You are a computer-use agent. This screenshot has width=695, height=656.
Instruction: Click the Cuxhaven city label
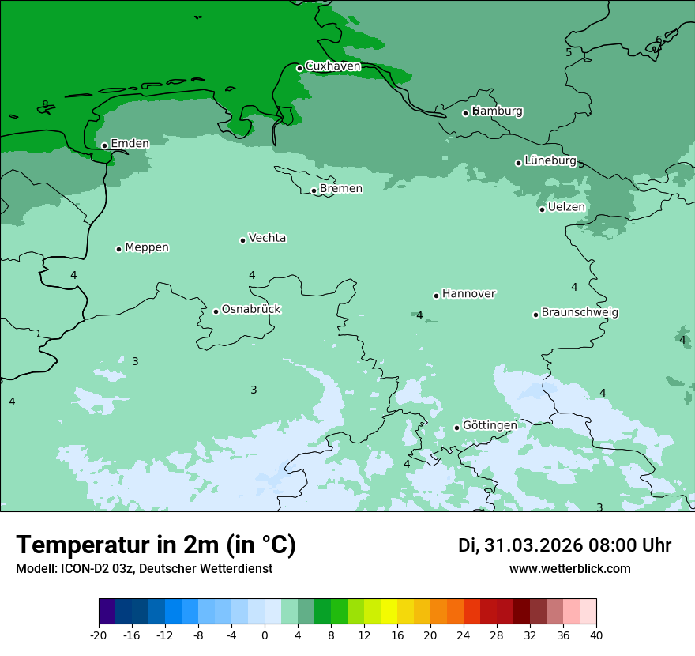[332, 66]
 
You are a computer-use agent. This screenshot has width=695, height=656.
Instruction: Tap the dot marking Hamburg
[466, 113]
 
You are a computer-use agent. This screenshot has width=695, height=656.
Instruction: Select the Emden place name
[130, 144]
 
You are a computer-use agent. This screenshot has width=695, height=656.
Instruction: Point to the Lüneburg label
[550, 160]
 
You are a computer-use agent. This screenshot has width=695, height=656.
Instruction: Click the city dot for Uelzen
[543, 209]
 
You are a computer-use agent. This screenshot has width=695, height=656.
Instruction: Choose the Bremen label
[341, 189]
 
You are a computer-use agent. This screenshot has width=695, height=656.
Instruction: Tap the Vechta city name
[267, 238]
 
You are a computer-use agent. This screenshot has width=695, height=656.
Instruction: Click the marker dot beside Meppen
[119, 249]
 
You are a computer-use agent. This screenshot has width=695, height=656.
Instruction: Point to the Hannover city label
[468, 294]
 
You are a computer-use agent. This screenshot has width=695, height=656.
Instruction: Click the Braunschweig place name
[580, 313]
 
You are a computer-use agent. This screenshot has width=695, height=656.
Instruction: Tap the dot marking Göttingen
[456, 428]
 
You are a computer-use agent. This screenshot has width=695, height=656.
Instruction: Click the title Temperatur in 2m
[156, 545]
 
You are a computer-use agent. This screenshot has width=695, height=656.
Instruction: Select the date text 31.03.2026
[532, 546]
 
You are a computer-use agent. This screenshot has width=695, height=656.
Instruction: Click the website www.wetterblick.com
[569, 569]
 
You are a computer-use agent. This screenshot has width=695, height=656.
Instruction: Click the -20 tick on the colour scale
[99, 635]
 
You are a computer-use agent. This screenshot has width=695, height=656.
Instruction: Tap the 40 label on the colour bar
[596, 635]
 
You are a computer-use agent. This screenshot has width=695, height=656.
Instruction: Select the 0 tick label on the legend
[265, 635]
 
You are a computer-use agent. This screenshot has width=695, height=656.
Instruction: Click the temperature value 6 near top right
[659, 40]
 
